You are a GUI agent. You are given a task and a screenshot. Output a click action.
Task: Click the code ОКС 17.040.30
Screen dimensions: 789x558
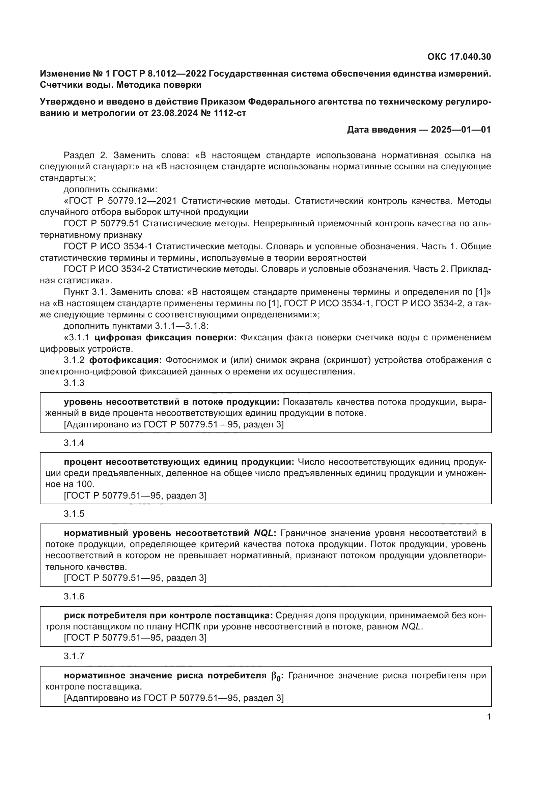click(459, 57)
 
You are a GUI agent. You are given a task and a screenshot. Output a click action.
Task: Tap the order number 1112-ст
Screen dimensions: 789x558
click(230, 113)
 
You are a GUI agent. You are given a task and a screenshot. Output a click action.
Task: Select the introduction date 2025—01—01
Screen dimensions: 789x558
click(461, 130)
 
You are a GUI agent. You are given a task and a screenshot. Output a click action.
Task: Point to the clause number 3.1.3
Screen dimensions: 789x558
click(74, 383)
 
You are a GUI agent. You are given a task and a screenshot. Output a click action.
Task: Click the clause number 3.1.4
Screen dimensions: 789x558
click(74, 443)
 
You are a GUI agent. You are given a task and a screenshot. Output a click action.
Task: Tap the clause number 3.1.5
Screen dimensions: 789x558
click(74, 514)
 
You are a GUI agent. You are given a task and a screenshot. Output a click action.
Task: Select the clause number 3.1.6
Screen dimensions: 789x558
click(74, 596)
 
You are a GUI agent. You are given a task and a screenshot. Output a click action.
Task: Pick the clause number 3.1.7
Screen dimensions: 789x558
click(74, 656)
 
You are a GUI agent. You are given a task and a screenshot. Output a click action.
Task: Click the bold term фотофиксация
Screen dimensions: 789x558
click(125, 360)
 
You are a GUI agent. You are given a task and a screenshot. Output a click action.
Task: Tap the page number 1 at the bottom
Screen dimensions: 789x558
click(489, 717)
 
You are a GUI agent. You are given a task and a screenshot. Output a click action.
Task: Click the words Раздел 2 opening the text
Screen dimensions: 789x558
click(86, 155)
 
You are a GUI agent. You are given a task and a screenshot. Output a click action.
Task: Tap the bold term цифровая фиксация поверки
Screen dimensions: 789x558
click(165, 337)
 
